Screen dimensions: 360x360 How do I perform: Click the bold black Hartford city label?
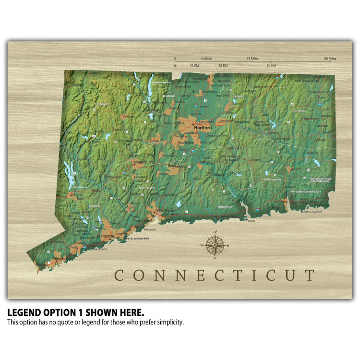pyautogui.click(x=203, y=128)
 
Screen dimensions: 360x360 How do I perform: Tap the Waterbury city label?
pyautogui.click(x=143, y=162)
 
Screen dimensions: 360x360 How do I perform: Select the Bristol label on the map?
pyautogui.click(x=155, y=141)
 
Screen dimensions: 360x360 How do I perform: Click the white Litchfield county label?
pyautogui.click(x=102, y=104)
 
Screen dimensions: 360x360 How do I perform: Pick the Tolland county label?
pyautogui.click(x=238, y=96)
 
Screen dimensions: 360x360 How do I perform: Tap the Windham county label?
pyautogui.click(x=299, y=111)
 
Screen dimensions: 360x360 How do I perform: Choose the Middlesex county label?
pyautogui.click(x=224, y=206)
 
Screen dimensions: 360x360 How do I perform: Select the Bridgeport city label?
pyautogui.click(x=106, y=236)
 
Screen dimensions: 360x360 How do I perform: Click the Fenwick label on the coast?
pyautogui.click(x=250, y=221)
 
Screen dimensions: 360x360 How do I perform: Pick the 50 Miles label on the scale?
pyautogui.click(x=330, y=59)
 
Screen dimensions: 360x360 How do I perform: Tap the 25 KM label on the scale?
pyautogui.click(x=223, y=65)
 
